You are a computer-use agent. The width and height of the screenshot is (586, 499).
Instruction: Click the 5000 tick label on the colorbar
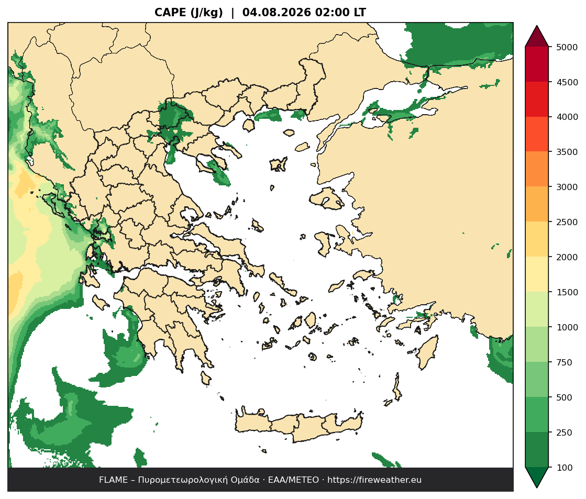coord(567,47)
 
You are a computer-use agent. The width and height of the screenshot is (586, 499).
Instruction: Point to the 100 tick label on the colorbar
coord(565,468)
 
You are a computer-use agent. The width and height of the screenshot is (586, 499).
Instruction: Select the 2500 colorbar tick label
coord(567,222)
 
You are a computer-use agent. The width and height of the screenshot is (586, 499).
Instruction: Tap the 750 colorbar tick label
coord(565,362)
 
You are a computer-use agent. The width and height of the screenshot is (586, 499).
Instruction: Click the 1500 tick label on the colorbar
coord(567,292)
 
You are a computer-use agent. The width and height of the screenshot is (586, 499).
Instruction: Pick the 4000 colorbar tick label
coord(567,117)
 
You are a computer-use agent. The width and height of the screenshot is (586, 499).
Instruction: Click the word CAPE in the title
coord(170,13)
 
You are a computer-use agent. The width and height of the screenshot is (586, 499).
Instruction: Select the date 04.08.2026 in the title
coord(277,13)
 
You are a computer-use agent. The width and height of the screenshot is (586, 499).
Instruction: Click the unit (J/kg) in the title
coord(206,13)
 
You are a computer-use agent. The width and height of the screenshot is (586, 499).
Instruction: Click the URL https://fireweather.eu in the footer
coord(374,480)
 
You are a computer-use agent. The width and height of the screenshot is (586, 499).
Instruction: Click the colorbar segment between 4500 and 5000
coord(537,64)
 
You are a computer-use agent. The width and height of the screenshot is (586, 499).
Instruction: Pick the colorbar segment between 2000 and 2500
coord(537,239)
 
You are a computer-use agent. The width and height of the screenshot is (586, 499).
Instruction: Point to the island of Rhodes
coord(427,352)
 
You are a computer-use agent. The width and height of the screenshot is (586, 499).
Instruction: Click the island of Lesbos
coord(327,199)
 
